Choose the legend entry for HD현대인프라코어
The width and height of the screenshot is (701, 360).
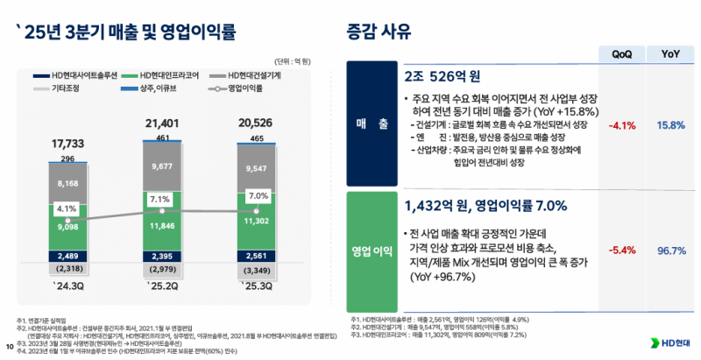point(162,75)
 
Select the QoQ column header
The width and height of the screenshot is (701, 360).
point(622,53)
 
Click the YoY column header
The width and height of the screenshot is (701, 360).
point(670,53)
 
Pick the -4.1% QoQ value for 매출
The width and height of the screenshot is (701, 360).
point(620,125)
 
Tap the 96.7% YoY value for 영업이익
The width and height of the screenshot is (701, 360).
point(670,251)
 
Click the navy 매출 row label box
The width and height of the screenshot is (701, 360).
point(371,125)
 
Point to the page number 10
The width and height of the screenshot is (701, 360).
point(9,346)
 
